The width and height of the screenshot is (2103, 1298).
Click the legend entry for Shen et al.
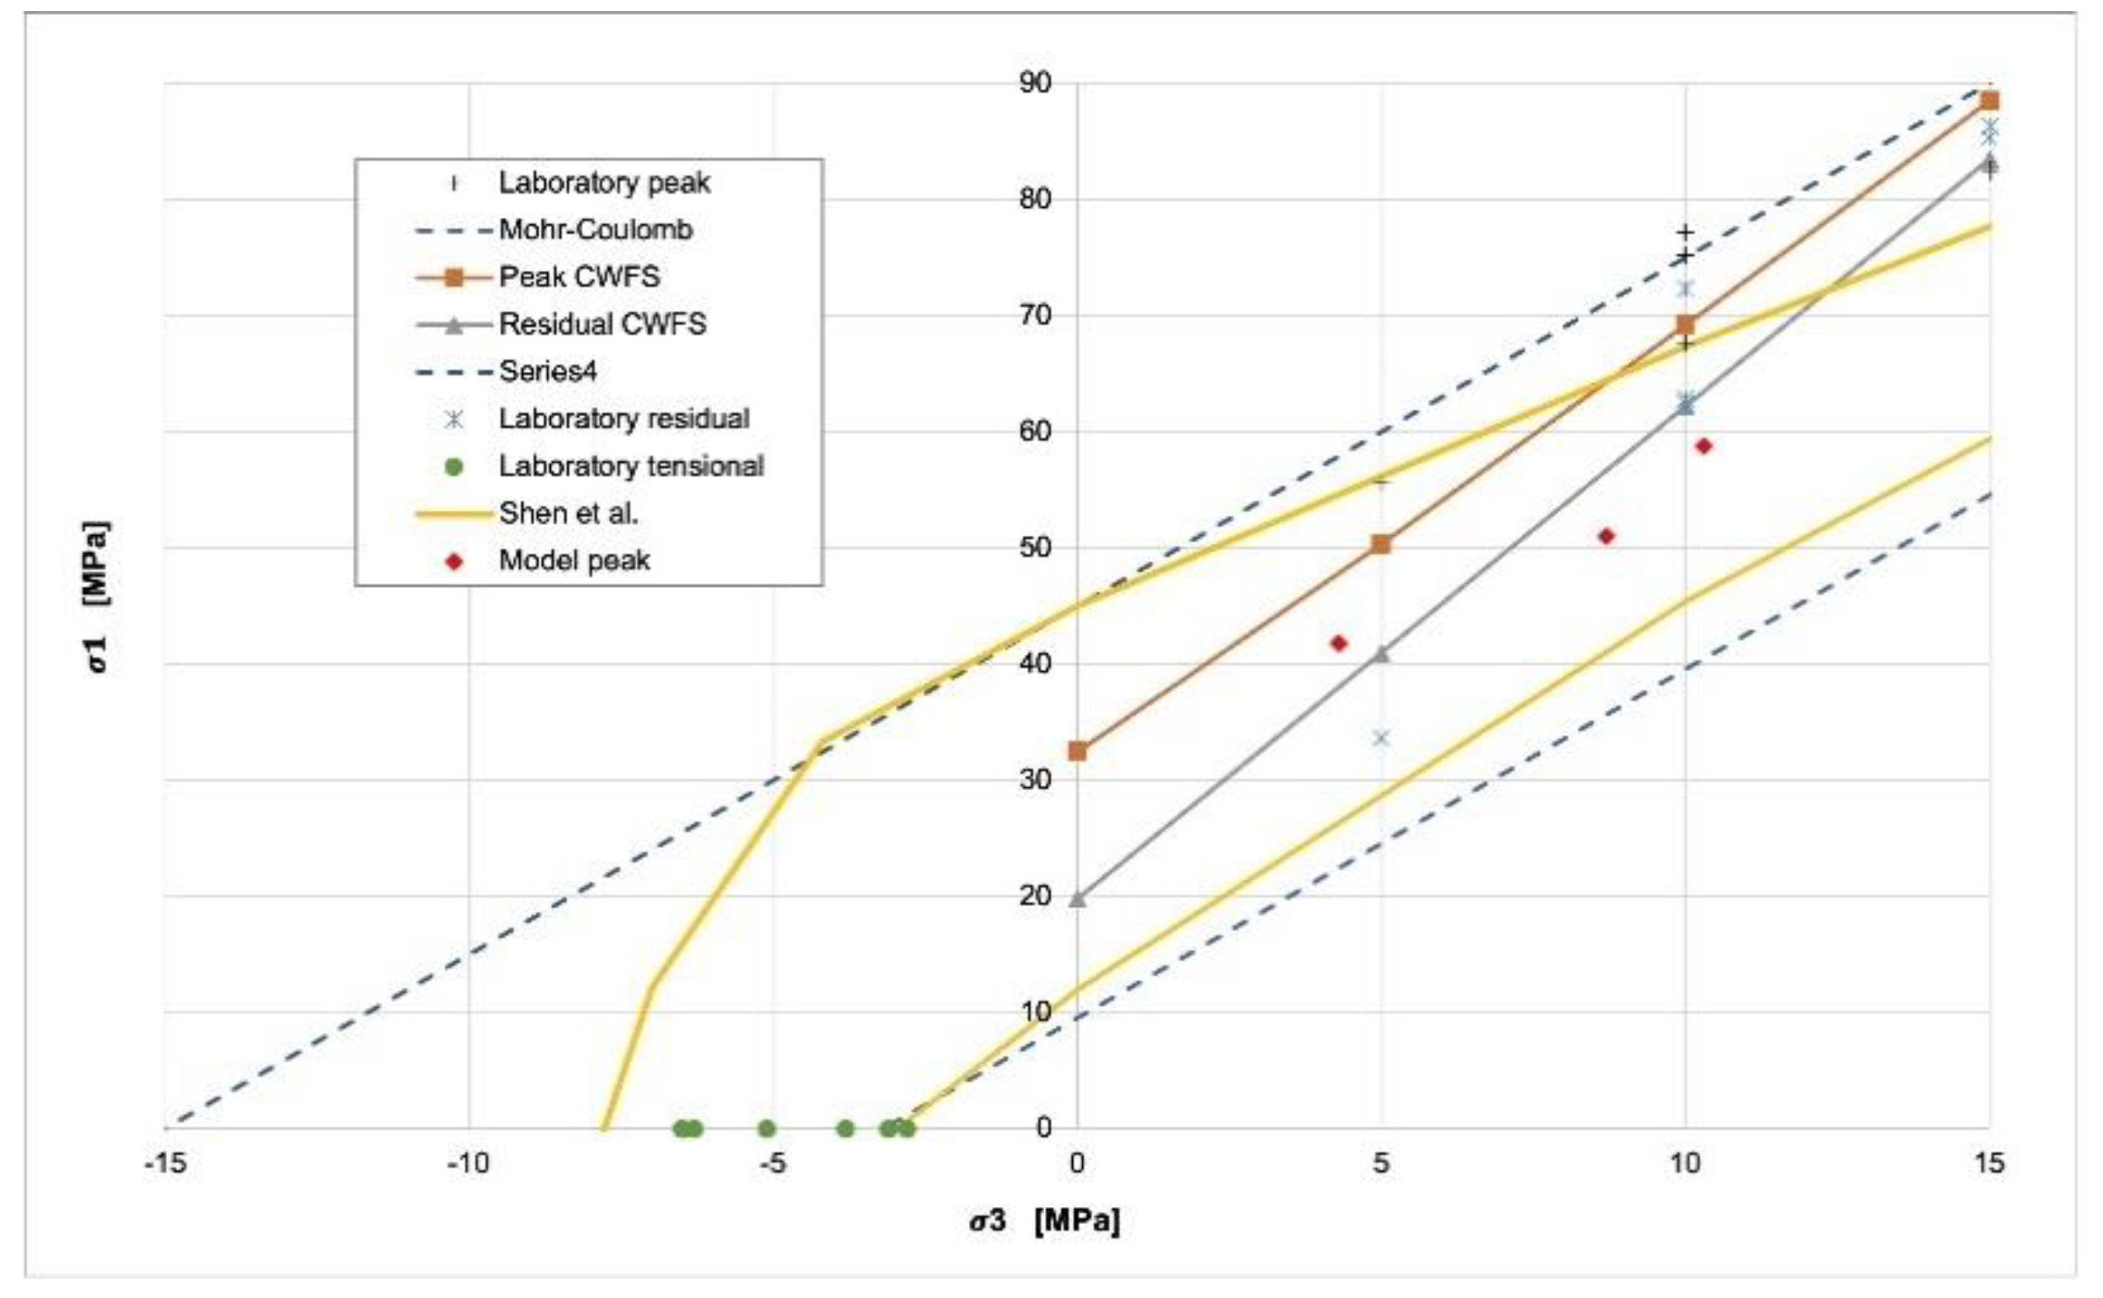[x=567, y=514]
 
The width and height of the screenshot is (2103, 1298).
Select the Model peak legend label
[x=574, y=561]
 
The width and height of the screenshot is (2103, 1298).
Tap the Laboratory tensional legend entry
[x=631, y=466]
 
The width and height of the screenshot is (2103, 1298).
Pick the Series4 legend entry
[x=547, y=372]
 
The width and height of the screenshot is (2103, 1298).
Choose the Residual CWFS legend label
[x=602, y=324]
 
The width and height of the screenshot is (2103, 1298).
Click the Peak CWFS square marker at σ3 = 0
[x=1077, y=751]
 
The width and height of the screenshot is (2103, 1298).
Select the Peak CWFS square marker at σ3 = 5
[x=1381, y=544]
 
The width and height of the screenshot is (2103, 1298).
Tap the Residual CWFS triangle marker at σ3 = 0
[x=1077, y=898]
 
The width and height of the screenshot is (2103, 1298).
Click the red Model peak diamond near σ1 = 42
[x=1338, y=643]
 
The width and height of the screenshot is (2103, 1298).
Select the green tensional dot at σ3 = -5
[x=766, y=1128]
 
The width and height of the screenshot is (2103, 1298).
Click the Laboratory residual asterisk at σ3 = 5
[x=1381, y=738]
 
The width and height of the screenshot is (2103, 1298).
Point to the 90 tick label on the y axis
[x=1036, y=83]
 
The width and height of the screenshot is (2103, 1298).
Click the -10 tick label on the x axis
[x=467, y=1163]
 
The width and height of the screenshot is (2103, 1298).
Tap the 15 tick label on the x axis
[x=1988, y=1163]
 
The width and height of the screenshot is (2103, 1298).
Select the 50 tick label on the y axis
[x=1036, y=548]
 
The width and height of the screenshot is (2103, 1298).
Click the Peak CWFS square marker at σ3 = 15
[x=1988, y=101]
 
